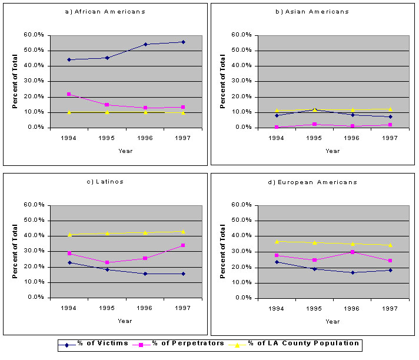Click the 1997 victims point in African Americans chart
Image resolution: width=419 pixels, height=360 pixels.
[183, 42]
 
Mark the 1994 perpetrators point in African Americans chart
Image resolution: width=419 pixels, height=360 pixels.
[69, 94]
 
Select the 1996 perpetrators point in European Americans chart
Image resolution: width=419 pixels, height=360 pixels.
[353, 252]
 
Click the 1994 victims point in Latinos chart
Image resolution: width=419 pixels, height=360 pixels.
[69, 262]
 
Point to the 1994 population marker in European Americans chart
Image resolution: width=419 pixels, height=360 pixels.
[277, 241]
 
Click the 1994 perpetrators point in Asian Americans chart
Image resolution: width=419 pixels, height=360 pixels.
[277, 126]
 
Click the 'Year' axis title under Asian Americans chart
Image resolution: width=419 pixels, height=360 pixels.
[332, 151]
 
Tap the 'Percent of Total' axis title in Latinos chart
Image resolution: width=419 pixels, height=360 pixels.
[16, 251]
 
